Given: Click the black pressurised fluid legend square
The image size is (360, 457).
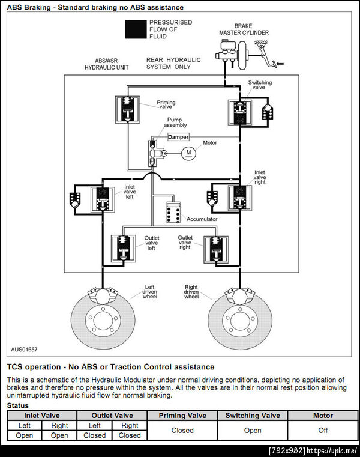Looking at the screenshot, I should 136,29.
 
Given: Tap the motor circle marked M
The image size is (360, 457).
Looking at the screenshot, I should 188,153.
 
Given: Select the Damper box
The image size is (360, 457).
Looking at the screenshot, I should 178,137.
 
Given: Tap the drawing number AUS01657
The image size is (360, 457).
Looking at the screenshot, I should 24,349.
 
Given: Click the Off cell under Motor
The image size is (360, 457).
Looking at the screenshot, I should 322,430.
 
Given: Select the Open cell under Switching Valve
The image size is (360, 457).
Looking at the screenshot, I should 253,430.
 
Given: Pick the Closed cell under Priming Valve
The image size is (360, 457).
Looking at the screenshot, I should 182,430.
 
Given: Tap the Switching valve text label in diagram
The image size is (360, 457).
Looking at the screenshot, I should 260,85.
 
